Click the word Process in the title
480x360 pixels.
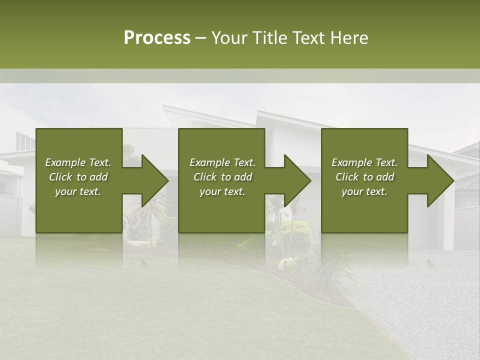157,38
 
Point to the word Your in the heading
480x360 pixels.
229,38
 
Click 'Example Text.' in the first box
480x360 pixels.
78,162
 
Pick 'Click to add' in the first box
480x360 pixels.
78,177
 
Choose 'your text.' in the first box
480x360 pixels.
78,191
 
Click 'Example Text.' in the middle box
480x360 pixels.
222,162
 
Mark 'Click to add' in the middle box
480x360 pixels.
222,177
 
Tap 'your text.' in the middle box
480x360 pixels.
222,191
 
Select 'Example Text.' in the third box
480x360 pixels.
364,162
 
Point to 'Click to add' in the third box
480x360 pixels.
364,177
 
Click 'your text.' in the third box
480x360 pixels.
364,191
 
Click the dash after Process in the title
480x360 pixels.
200,38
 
